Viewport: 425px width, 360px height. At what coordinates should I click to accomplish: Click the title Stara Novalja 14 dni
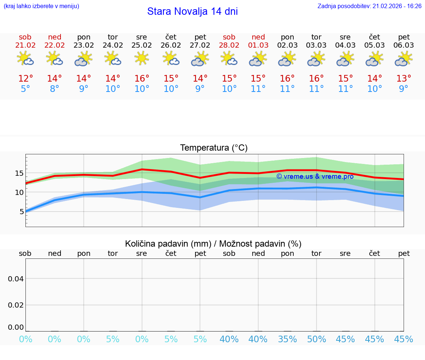(192, 11)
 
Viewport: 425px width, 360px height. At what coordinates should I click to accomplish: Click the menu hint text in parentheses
(41, 6)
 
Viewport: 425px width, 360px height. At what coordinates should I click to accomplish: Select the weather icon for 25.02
(142, 58)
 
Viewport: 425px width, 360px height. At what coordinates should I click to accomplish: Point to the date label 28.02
(229, 45)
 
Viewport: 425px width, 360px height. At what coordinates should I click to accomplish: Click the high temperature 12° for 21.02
(25, 79)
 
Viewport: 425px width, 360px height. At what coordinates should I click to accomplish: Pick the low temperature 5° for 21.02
(25, 89)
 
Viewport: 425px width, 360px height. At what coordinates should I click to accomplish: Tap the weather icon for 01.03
(258, 58)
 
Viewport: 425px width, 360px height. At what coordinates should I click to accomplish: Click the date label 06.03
(404, 45)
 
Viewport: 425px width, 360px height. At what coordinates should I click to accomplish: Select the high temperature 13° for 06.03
(404, 79)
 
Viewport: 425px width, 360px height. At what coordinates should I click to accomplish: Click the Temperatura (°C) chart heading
(214, 148)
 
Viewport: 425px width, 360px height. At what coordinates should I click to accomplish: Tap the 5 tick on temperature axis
(21, 212)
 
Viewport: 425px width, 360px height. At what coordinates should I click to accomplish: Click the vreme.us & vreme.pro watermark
(315, 176)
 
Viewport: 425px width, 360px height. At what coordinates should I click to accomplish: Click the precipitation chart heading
(213, 244)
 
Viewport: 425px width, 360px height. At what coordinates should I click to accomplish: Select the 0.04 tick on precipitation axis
(16, 278)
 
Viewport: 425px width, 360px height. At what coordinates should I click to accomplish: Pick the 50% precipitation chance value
(317, 339)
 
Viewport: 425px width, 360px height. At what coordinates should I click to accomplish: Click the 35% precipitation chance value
(287, 339)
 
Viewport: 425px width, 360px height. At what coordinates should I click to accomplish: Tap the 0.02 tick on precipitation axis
(16, 305)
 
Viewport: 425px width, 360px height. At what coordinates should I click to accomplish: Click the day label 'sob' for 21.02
(25, 37)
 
